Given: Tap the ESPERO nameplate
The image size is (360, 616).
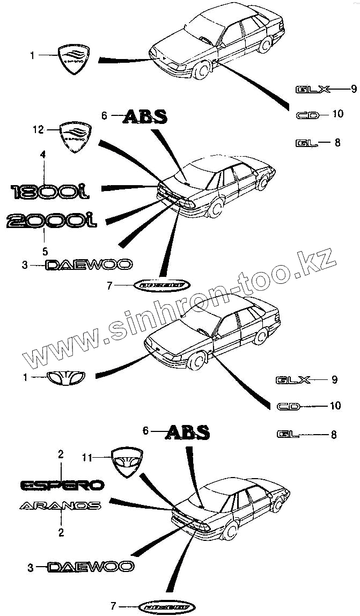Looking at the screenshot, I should pos(62,485).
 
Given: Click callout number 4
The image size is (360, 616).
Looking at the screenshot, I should pos(44,155).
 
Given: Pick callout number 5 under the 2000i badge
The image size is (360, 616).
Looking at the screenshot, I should pos(45,251).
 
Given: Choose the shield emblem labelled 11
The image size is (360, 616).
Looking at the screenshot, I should pos(128,462).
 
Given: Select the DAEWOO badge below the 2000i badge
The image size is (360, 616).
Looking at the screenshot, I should pos(89,265).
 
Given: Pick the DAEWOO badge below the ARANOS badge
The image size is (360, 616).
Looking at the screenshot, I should pos(91,566).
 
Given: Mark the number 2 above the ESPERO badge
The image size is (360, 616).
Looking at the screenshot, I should pos(61,455).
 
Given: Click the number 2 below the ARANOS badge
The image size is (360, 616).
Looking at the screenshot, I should pos(61,533).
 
